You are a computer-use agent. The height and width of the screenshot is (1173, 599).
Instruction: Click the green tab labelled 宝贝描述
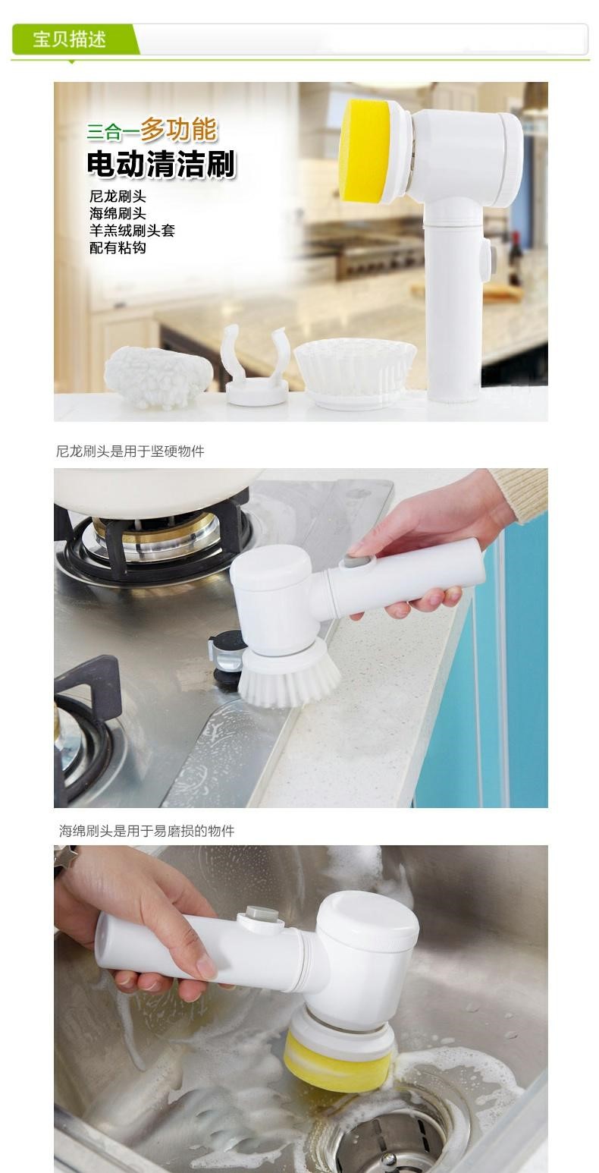[x=71, y=39]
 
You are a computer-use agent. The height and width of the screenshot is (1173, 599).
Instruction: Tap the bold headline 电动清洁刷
[x=162, y=164]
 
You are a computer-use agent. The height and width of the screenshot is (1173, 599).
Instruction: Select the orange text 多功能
[x=177, y=129]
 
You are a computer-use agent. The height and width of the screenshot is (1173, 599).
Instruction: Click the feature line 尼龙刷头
[x=118, y=197]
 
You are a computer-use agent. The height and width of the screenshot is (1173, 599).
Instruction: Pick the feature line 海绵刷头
[x=118, y=213]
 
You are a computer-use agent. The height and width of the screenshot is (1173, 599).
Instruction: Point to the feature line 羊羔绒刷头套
[x=132, y=231]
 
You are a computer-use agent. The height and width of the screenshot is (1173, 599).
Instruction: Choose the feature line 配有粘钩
[x=118, y=247]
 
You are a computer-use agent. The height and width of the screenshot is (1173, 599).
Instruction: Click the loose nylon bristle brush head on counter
[x=356, y=372]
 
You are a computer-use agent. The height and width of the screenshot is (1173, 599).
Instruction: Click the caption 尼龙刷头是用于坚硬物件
[x=130, y=451]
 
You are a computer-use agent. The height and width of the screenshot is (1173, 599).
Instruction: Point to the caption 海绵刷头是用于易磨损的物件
[x=146, y=831]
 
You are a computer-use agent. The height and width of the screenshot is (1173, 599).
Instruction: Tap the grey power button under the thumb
[x=360, y=564]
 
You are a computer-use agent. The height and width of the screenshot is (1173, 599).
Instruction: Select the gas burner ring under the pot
[x=157, y=539]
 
